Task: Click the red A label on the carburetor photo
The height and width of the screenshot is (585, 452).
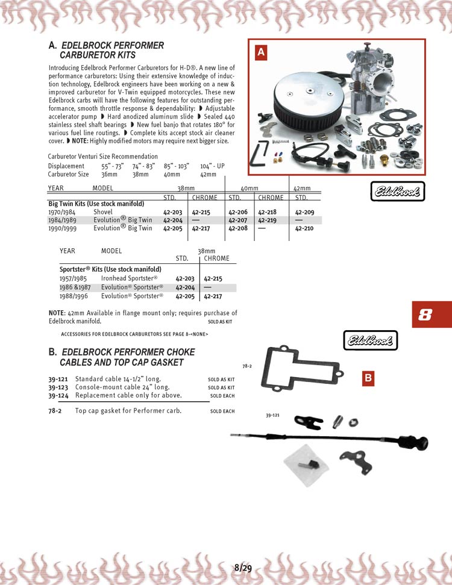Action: pyautogui.click(x=261, y=53)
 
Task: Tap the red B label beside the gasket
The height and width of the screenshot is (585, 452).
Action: pyautogui.click(x=369, y=378)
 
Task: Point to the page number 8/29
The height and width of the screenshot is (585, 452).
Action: pyautogui.click(x=243, y=568)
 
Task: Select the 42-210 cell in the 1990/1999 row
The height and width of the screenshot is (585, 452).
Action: pyautogui.click(x=305, y=228)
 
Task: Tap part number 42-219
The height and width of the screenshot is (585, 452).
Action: pyautogui.click(x=268, y=221)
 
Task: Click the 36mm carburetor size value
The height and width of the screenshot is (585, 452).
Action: pyautogui.click(x=109, y=174)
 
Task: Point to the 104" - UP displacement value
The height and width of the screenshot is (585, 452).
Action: pyautogui.click(x=212, y=166)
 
